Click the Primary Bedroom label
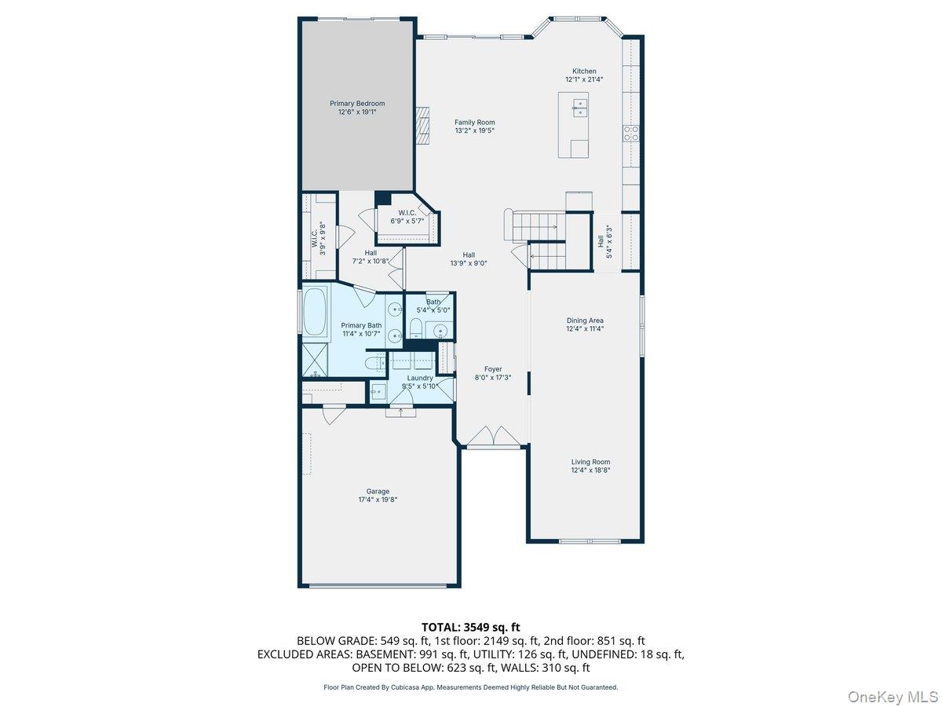(x=357, y=104)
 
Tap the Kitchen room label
(x=583, y=71)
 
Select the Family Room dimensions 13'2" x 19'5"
(x=474, y=131)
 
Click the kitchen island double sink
(x=580, y=107)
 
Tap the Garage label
(x=378, y=492)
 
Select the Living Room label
(x=590, y=462)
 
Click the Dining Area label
(x=585, y=321)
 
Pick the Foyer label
(x=493, y=369)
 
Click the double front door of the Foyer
(x=492, y=437)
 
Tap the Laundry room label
(x=419, y=378)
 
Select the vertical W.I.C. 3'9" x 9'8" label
(x=317, y=236)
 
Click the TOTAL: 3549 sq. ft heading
(x=471, y=627)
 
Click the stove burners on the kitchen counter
(x=630, y=133)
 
